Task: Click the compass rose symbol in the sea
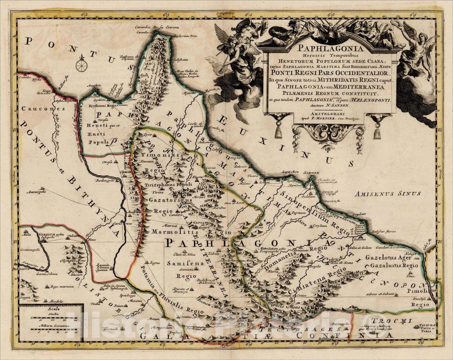tap(82, 65)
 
